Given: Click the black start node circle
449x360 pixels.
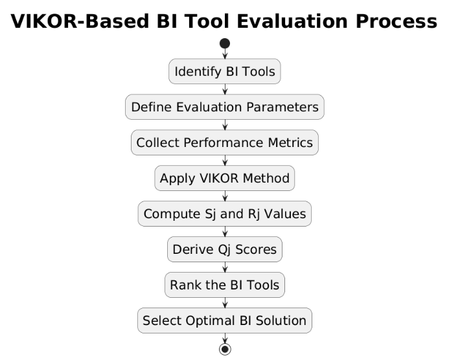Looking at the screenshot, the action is pos(225,43).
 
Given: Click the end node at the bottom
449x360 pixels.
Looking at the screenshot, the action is pos(225,349).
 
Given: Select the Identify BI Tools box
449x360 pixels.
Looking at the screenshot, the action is pos(225,71).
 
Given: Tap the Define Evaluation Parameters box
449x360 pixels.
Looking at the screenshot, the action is pos(225,107).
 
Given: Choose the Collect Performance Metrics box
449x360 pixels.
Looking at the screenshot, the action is pos(225,142).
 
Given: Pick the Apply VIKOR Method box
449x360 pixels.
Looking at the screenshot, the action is pos(225,178).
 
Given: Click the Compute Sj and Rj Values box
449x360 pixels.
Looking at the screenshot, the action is pos(225,214).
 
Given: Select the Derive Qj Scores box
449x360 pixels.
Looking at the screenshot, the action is pos(225,249).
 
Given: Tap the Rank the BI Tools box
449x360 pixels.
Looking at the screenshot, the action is pos(225,285).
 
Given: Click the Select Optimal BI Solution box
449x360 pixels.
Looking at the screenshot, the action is pos(225,321).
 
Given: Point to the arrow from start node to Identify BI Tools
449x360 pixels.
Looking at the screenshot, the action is pos(225,54).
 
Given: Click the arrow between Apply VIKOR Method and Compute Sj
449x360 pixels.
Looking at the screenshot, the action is pos(225,196).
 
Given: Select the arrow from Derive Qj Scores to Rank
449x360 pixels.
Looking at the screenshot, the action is pos(225,267).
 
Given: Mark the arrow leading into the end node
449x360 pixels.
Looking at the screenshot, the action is pos(225,338).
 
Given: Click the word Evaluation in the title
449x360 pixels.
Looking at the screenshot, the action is pos(292,21).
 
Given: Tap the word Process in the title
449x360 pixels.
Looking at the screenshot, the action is pos(397,21).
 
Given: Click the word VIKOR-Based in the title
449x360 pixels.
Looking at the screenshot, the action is pos(80,21).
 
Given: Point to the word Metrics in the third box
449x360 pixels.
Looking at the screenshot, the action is pos(290,142).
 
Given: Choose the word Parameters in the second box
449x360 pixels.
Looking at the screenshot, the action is pos(282,107).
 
